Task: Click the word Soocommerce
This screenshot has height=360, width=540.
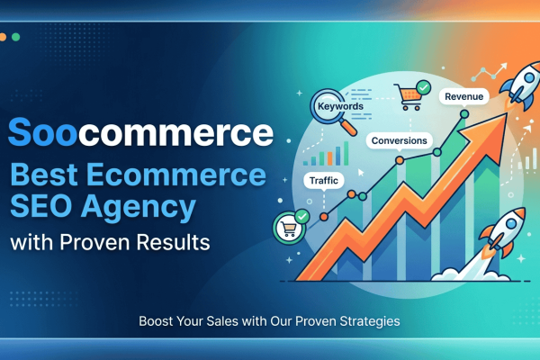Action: click(x=139, y=133)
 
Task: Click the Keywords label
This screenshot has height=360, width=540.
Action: click(x=340, y=106)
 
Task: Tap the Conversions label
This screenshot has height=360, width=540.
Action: click(x=399, y=141)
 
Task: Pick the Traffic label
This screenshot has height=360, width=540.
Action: click(x=324, y=180)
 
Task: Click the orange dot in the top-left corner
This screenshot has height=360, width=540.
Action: click(x=5, y=37)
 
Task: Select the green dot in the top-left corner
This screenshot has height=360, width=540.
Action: click(x=17, y=37)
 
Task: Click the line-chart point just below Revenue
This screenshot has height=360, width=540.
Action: click(x=464, y=115)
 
